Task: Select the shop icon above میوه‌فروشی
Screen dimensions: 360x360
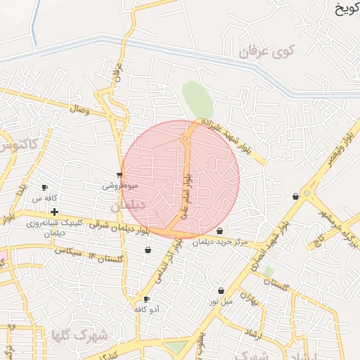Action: pos(120,175)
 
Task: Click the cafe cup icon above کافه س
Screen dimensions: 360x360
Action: pos(45,188)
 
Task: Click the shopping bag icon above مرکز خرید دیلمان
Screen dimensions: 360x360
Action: pos(220,231)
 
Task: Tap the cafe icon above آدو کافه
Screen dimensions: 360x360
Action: pos(146,299)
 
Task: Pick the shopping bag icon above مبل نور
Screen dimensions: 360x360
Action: pos(221,290)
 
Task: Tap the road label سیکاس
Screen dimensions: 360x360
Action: pos(70,251)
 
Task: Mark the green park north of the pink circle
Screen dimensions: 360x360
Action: pos(198,99)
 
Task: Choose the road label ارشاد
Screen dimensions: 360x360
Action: pos(256,335)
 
